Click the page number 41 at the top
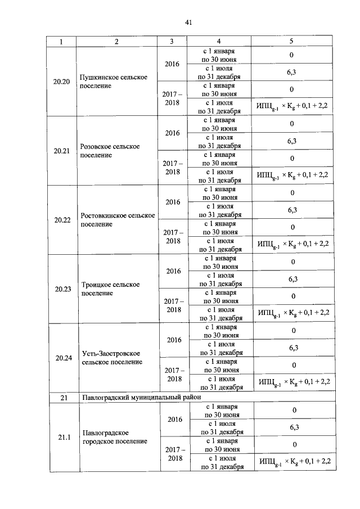(189, 22)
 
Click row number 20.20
(61, 82)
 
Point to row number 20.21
(62, 151)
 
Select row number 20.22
(62, 220)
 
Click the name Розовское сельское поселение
(110, 151)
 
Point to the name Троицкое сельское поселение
(111, 289)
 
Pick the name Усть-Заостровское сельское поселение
(115, 358)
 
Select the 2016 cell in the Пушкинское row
(172, 64)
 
